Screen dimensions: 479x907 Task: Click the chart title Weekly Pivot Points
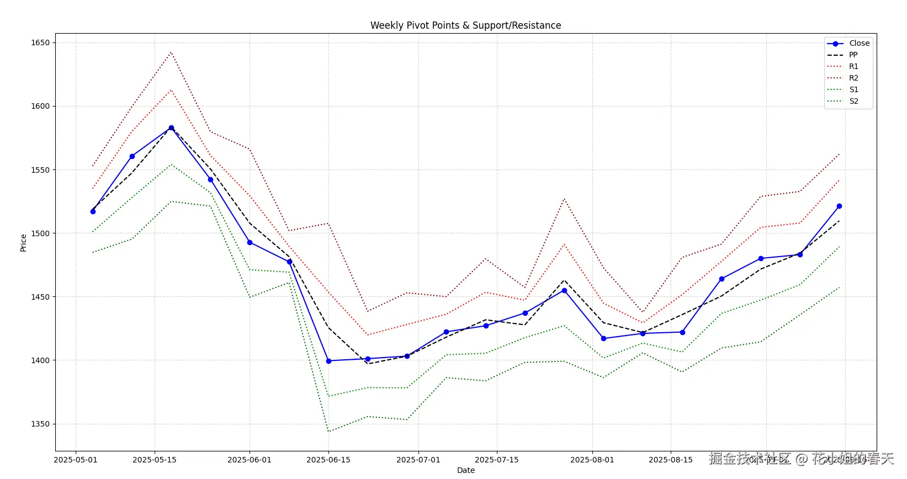465,25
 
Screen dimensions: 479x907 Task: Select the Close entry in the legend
859,43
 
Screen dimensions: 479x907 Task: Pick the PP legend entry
853,55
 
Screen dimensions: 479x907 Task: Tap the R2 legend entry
853,78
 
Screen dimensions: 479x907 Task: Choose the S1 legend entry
853,89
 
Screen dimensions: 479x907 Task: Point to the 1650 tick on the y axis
40,42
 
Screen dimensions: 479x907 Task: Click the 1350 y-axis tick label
40,424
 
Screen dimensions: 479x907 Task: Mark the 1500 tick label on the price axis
40,233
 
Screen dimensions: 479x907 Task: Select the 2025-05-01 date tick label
76,460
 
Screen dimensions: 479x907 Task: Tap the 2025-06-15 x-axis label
328,460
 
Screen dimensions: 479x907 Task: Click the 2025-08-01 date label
592,460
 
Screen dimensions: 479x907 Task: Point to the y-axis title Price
23,243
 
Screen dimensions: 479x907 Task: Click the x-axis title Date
465,470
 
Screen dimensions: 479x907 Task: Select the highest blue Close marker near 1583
171,127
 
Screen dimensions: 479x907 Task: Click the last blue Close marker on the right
839,206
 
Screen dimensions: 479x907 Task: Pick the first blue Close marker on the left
93,211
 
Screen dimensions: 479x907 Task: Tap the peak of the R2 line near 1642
171,52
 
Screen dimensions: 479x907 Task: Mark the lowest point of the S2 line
328,432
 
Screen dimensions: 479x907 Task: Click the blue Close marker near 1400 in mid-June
328,361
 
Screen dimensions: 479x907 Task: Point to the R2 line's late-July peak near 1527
564,199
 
